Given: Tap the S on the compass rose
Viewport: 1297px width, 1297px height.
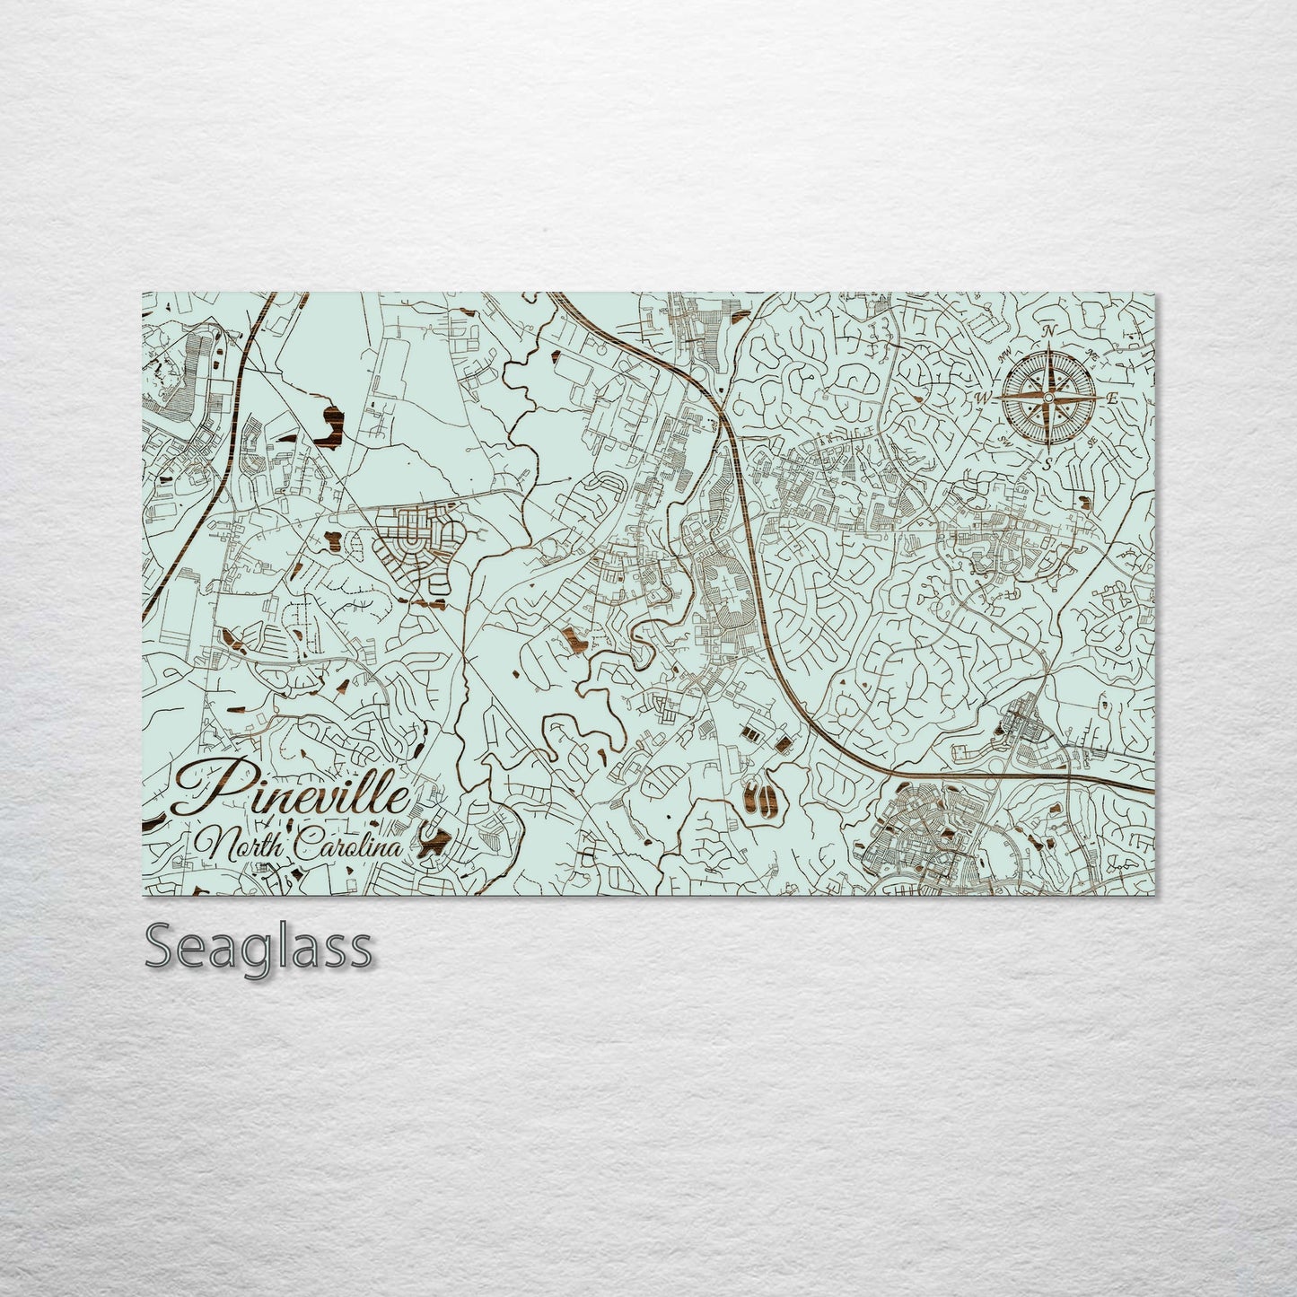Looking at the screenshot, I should click(1047, 463).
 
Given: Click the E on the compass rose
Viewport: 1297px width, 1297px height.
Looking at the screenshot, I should click(1111, 398).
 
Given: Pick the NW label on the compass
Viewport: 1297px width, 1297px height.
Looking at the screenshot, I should click(1005, 353).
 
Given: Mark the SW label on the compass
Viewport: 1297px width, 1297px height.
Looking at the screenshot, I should click(1003, 440).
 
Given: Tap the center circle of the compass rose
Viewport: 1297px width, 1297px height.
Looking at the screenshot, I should click(1047, 397).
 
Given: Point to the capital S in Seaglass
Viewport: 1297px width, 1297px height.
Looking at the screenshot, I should click(160, 946).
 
